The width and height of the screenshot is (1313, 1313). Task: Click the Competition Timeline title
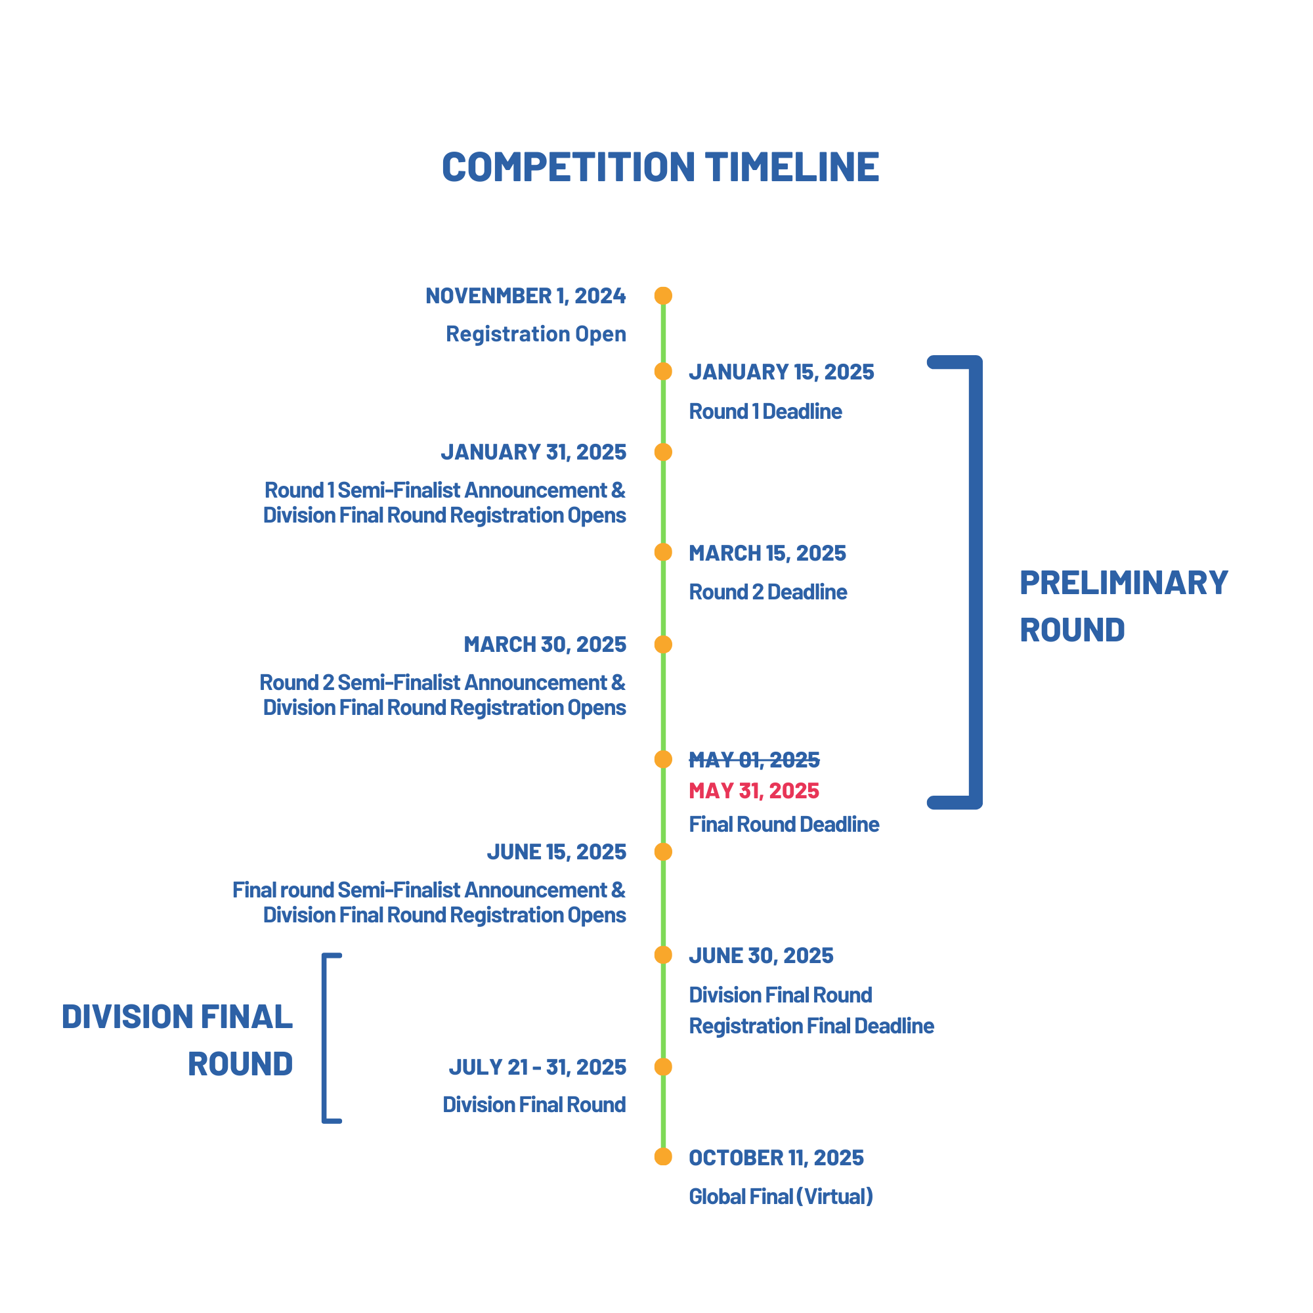click(x=660, y=167)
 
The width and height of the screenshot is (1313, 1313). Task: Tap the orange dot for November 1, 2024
click(x=663, y=295)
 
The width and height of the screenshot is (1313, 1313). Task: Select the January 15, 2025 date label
click(x=781, y=372)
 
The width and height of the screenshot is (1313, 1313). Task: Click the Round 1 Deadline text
click(x=765, y=411)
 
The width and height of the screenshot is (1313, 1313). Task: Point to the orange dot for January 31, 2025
click(x=663, y=452)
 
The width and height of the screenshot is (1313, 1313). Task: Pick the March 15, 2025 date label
click(x=767, y=553)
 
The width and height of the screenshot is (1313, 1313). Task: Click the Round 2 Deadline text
click(x=768, y=592)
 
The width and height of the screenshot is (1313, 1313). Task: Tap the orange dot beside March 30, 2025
click(x=663, y=644)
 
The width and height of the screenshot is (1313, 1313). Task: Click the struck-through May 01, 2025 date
click(x=754, y=759)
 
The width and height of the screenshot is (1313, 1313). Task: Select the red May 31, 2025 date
click(x=754, y=790)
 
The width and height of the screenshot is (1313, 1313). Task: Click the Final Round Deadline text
click(x=785, y=825)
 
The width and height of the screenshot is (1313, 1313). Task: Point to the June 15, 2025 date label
click(x=557, y=852)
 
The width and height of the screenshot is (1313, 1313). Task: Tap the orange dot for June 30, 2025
click(x=663, y=955)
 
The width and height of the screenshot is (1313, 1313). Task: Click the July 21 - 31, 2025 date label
click(x=538, y=1067)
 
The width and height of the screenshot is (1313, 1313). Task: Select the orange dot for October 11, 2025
click(x=663, y=1157)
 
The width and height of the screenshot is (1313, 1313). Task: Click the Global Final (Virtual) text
click(x=781, y=1196)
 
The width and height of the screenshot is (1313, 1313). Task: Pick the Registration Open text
click(x=536, y=334)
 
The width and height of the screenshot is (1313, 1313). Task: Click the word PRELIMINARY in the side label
click(x=1124, y=583)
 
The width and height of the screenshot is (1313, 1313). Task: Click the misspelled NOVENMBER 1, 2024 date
click(x=526, y=296)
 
